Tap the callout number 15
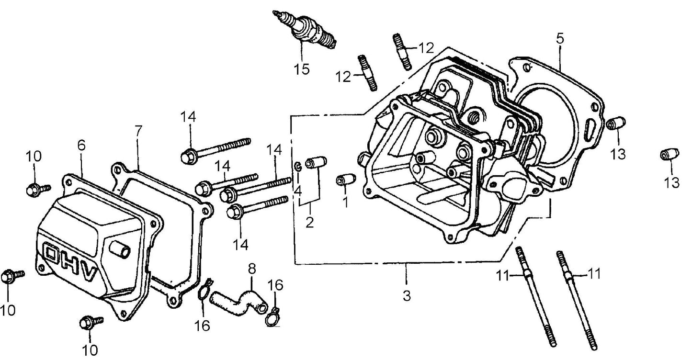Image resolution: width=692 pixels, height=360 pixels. click(302, 68)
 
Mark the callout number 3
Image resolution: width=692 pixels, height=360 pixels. click(406, 296)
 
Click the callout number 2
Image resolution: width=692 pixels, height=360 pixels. click(309, 222)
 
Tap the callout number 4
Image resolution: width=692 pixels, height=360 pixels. click(297, 191)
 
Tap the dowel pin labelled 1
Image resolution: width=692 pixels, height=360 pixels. click(345, 180)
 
